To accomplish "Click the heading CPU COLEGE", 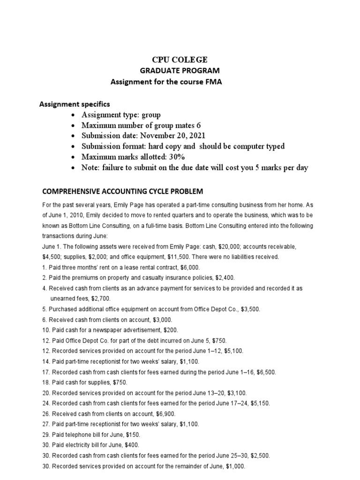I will [180, 60].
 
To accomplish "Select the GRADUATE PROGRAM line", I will [180, 71].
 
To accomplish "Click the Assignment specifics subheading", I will [75, 104].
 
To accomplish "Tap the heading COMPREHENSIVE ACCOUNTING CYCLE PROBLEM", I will [123, 191].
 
